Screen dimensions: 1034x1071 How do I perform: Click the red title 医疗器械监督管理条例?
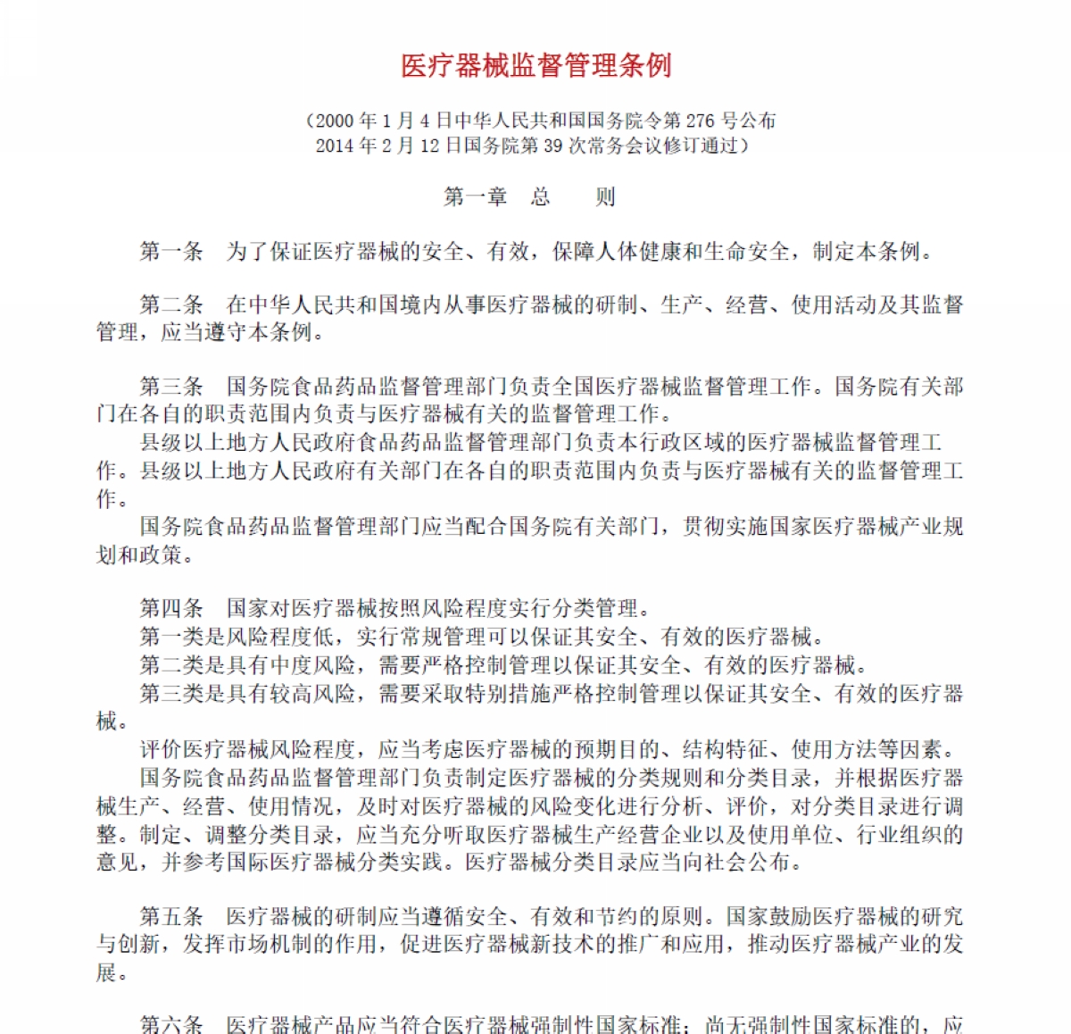click(535, 66)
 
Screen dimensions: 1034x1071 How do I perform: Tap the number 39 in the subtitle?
click(551, 146)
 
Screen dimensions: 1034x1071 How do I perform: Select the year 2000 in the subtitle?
click(335, 121)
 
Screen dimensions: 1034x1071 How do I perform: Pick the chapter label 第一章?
click(476, 197)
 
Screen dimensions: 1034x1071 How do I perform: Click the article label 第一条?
click(172, 252)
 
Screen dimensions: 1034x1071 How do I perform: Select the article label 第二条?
click(172, 305)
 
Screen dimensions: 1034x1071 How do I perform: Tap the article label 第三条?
click(172, 387)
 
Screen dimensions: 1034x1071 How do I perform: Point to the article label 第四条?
click(172, 609)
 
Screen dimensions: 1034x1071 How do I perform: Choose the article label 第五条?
click(172, 916)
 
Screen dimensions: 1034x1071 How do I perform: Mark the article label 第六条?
click(172, 1024)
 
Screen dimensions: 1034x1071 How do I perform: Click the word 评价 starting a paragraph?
click(162, 749)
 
